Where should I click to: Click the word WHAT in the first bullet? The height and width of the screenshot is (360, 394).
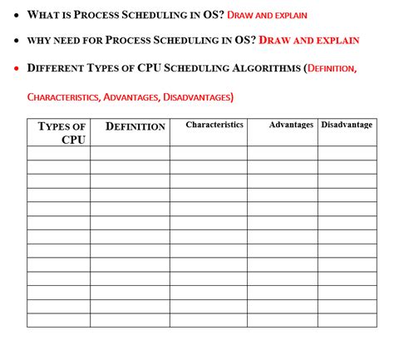tap(42, 14)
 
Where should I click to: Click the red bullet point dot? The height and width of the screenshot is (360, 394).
tap(16, 67)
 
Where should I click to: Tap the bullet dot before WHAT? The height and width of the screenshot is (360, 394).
tap(16, 14)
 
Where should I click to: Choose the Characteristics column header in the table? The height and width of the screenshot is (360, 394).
tap(214, 125)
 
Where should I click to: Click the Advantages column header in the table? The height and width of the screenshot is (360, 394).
tap(291, 125)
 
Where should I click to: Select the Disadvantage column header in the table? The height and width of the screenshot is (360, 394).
tap(347, 125)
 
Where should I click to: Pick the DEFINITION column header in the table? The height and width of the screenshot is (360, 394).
tap(135, 126)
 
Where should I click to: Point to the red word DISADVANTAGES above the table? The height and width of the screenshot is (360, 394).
tap(198, 97)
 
